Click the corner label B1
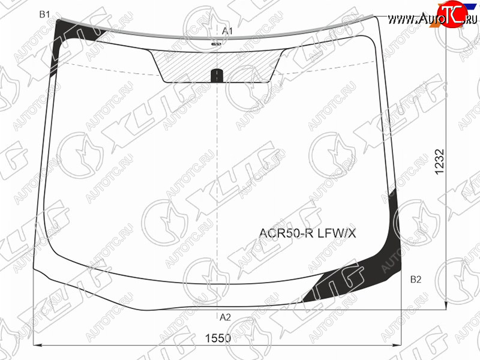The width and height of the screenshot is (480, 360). [x=44, y=14]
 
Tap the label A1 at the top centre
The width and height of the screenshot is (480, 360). [x=227, y=31]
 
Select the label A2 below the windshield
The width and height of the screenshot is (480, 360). [x=226, y=317]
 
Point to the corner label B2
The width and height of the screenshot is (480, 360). [x=416, y=279]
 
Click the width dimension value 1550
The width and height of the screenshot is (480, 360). [x=218, y=338]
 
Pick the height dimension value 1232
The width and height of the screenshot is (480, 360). [x=439, y=162]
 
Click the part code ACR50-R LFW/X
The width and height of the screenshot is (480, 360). [x=307, y=233]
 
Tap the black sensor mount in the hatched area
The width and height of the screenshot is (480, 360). [x=217, y=76]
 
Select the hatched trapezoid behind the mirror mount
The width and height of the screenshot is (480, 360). [x=217, y=66]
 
